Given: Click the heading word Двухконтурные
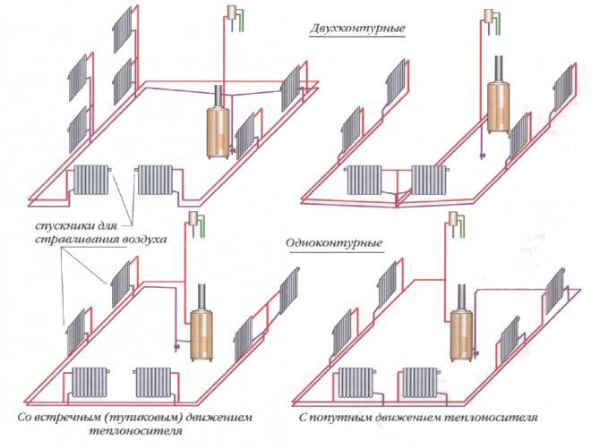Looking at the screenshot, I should click(345, 29).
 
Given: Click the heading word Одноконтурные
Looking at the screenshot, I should click(327, 244).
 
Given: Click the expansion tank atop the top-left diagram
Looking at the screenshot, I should click(233, 13).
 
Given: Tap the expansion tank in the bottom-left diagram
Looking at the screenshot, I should click(193, 219).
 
